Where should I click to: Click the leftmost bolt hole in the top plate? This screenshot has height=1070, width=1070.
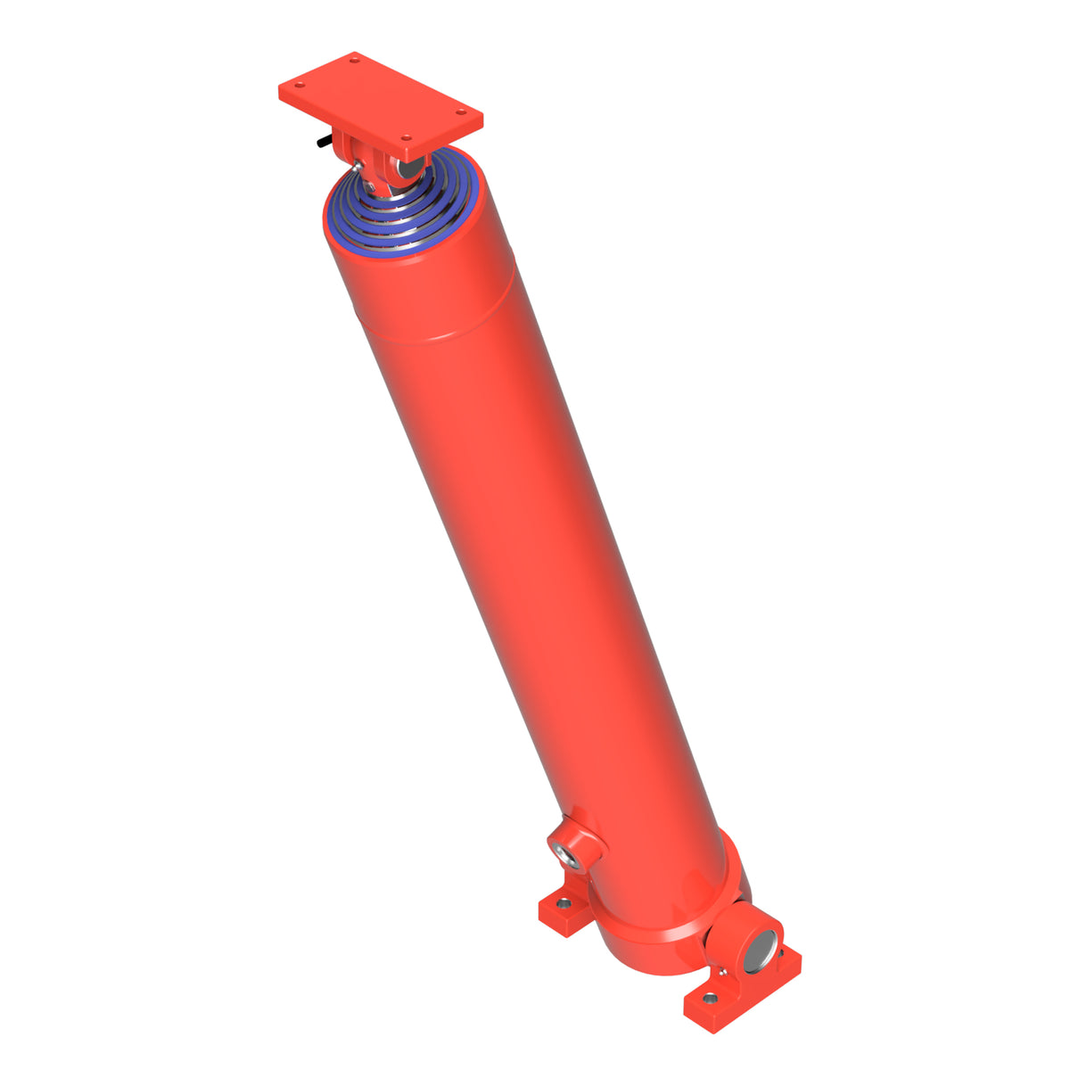pos(300,86)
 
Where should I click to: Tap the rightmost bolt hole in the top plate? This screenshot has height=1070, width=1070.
pos(460,112)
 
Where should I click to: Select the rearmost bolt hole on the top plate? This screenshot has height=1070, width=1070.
pos(355,60)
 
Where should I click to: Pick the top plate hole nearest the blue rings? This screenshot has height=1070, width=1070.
pos(406,138)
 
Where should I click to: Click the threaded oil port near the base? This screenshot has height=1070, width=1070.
pos(567,852)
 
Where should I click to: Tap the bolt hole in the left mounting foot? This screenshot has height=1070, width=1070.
pos(562,903)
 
